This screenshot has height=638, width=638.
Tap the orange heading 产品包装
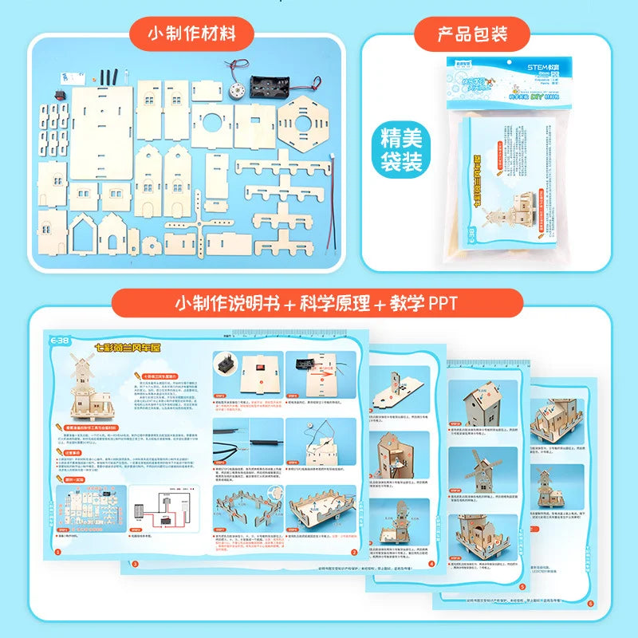(x=472, y=34)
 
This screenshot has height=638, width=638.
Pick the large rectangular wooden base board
(x=100, y=132)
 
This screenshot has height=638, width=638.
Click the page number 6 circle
(x=589, y=605)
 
